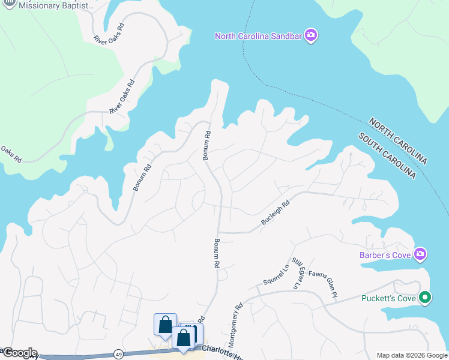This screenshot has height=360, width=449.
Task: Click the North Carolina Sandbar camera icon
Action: [311, 36]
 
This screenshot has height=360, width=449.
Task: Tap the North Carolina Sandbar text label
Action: [259, 37]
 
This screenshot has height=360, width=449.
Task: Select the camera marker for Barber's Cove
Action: [421, 254]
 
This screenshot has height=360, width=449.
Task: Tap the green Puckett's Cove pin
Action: [426, 297]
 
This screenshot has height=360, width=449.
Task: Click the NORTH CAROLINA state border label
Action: [398, 142]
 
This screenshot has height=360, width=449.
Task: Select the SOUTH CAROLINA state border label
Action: [387, 155]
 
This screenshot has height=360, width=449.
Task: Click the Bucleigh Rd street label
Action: [276, 213]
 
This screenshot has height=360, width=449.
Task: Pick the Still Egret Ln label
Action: [296, 274]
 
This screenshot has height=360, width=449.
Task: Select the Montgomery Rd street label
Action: [235, 325]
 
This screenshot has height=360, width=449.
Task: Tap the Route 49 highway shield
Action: [118, 354]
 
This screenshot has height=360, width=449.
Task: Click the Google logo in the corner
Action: [19, 353]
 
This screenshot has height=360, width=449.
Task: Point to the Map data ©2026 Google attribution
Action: [411, 355]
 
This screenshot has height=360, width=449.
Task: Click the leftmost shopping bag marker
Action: [165, 325]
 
